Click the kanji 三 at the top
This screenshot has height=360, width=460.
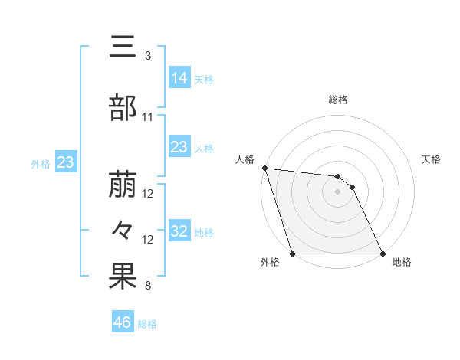coord(123,47)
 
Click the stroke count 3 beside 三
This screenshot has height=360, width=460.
coord(148,56)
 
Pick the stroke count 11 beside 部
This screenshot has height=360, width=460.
coord(148,117)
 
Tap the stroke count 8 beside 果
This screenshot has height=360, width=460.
coord(148,286)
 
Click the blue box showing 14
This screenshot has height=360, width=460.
coord(179,77)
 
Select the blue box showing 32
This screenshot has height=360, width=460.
coord(179,231)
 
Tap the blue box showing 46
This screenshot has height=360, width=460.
coord(123,322)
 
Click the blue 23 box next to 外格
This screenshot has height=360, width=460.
coord(66,162)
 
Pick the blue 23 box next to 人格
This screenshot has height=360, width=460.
coord(179,147)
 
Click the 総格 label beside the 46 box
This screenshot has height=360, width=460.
coord(147,324)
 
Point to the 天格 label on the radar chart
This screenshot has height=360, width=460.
coord(432,159)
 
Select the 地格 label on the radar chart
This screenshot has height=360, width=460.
coord(402,263)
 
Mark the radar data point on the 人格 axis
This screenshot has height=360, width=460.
coord(264,168)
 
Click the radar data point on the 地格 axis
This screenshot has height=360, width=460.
coord(382,253)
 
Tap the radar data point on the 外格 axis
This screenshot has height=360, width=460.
coord(292,253)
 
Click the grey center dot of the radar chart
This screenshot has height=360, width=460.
coord(337,191)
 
